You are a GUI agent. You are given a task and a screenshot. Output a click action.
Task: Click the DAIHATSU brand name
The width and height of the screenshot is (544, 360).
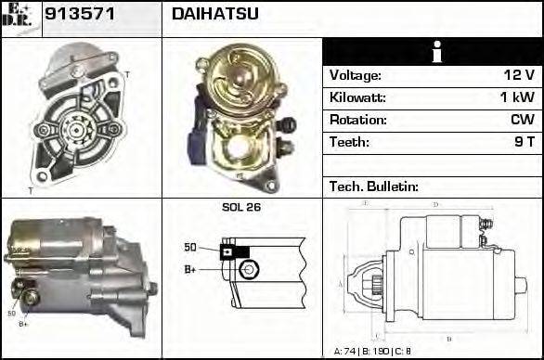215,15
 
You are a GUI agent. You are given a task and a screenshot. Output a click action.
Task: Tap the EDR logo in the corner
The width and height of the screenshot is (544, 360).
19,18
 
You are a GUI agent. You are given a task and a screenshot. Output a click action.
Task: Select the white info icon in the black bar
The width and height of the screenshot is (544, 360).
432,52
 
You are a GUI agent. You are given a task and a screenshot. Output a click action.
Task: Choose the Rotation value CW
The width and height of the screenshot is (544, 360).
521,121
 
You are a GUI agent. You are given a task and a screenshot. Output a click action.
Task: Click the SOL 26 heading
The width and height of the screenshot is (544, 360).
241,208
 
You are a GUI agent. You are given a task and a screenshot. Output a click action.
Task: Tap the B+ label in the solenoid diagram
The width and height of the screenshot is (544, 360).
190,270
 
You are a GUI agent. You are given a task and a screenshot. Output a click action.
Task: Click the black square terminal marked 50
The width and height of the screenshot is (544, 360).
227,250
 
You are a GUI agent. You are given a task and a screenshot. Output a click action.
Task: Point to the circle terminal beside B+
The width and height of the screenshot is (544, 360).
247,269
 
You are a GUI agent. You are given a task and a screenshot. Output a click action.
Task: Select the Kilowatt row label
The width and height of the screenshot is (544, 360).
357,98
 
